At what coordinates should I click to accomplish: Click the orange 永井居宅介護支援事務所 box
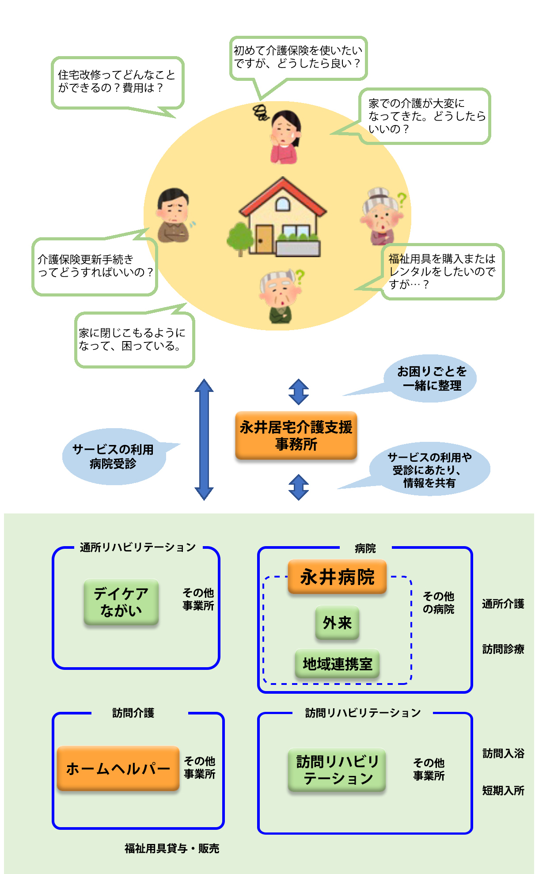(x=296, y=436)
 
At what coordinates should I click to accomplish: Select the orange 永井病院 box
(x=337, y=577)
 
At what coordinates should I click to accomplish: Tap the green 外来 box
(x=337, y=623)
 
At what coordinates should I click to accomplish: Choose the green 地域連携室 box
(x=337, y=664)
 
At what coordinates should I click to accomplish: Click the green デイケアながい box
(x=121, y=602)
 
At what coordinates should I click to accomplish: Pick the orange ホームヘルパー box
(x=118, y=768)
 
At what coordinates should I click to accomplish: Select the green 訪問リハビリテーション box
(x=337, y=770)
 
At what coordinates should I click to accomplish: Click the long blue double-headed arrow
(x=204, y=439)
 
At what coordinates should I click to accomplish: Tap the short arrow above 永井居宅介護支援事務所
(x=299, y=391)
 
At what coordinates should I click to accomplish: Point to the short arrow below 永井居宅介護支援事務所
(x=299, y=487)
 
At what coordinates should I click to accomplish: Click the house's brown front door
(x=264, y=239)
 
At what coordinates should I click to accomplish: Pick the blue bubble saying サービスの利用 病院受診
(x=114, y=456)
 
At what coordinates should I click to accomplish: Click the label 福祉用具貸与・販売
(x=172, y=848)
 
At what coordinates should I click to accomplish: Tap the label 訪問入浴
(x=503, y=753)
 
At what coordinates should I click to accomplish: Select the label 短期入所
(x=503, y=790)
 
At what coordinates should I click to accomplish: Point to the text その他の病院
(x=438, y=603)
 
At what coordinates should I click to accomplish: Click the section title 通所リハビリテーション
(x=138, y=547)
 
